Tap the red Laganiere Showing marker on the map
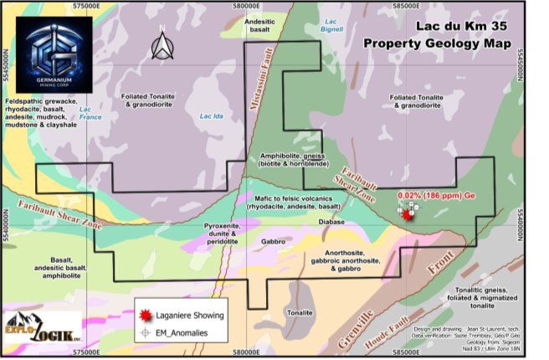pos(408,213)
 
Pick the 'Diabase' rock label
pos(332,222)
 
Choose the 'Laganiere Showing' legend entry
pos(191,316)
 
